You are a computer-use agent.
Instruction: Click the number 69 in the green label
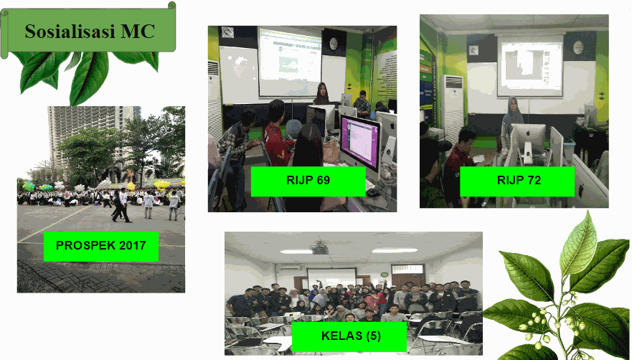(x=321, y=180)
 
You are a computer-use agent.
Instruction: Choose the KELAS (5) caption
(x=351, y=336)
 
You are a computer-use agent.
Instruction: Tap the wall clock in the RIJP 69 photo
(x=334, y=44)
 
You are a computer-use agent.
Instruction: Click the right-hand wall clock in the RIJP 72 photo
(x=578, y=47)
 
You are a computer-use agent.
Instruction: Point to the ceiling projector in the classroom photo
(x=321, y=249)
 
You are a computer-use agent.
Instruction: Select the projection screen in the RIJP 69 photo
(x=290, y=62)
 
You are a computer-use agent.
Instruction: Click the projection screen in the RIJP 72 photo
(x=530, y=66)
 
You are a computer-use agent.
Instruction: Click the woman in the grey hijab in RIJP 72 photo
(x=511, y=121)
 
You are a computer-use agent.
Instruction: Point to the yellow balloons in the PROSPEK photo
(x=162, y=184)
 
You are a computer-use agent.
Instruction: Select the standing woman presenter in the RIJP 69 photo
(x=321, y=95)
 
